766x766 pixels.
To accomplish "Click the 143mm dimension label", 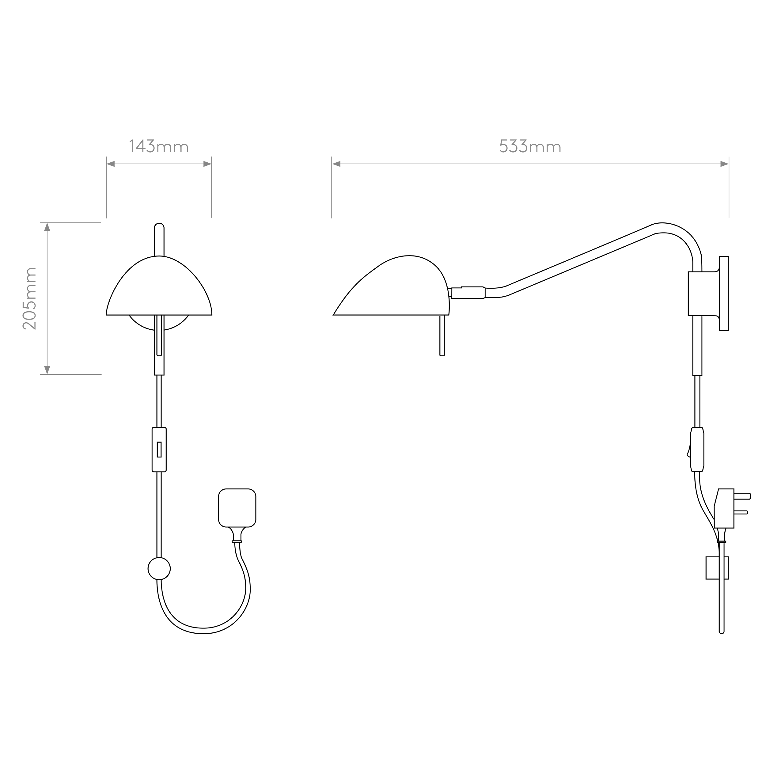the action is pyautogui.click(x=159, y=146).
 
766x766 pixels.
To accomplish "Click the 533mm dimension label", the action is pyautogui.click(x=530, y=146).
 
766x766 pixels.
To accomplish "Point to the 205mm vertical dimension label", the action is pyautogui.click(x=30, y=298).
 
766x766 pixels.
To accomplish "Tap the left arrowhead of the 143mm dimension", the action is pyautogui.click(x=111, y=164).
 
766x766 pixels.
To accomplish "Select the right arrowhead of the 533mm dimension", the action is pyautogui.click(x=724, y=164).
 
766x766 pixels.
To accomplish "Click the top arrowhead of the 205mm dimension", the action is pyautogui.click(x=47, y=227).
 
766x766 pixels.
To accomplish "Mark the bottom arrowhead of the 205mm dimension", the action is pyautogui.click(x=47, y=370).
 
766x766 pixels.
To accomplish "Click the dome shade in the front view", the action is pyautogui.click(x=159, y=286).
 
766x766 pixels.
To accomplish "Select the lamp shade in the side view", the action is pyautogui.click(x=391, y=286).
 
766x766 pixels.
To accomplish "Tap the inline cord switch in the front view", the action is pyautogui.click(x=159, y=449).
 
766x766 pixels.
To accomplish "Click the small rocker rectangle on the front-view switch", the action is pyautogui.click(x=159, y=449).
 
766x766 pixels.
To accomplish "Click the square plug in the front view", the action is pyautogui.click(x=237, y=508).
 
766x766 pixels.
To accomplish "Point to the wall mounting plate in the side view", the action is pyautogui.click(x=724, y=294).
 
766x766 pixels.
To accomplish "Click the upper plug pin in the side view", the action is pyautogui.click(x=742, y=496).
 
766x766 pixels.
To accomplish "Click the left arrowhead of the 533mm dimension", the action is pyautogui.click(x=336, y=164).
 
